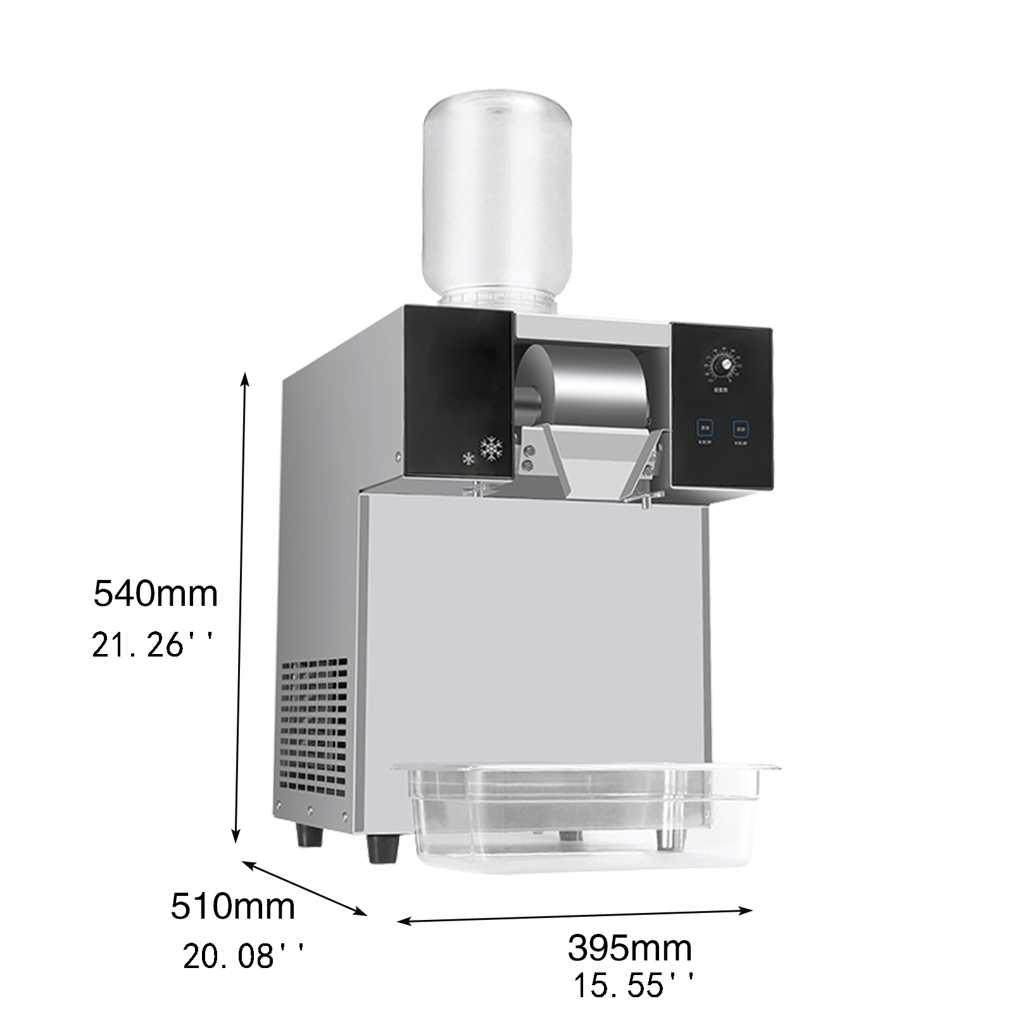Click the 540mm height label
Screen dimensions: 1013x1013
155,594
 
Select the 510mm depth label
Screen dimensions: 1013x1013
232,906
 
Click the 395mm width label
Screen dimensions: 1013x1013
629,948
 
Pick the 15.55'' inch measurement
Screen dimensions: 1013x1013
634,986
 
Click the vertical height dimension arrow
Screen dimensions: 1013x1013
241,608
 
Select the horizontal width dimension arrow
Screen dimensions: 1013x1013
575,916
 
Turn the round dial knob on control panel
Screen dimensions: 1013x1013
722,365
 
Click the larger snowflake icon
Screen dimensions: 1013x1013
491,448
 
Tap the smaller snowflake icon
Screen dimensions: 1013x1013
468,459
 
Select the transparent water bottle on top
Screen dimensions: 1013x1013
498,203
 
